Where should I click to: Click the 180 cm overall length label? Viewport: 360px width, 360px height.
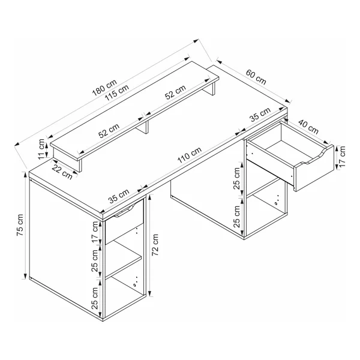(104, 88)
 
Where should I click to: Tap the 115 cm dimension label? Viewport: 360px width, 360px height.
(117, 93)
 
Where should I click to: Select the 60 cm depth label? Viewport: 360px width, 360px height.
(256, 77)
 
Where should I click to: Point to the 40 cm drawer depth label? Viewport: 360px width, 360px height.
(308, 127)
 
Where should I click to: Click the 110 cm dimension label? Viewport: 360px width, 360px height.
(190, 155)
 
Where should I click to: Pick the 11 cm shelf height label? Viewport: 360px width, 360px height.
(42, 149)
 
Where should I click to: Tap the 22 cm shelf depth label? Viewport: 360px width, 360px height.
(62, 172)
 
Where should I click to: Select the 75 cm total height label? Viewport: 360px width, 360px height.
(20, 225)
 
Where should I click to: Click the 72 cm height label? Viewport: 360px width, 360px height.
(155, 245)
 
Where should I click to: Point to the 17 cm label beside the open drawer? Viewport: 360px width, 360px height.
(342, 157)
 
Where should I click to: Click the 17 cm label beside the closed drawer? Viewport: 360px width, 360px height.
(95, 232)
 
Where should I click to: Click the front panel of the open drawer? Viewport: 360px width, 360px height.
(314, 168)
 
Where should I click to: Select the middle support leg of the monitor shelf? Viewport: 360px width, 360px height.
(146, 127)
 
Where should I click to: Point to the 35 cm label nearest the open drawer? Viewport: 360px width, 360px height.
(260, 115)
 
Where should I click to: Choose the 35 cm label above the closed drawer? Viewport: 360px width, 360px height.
(119, 196)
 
